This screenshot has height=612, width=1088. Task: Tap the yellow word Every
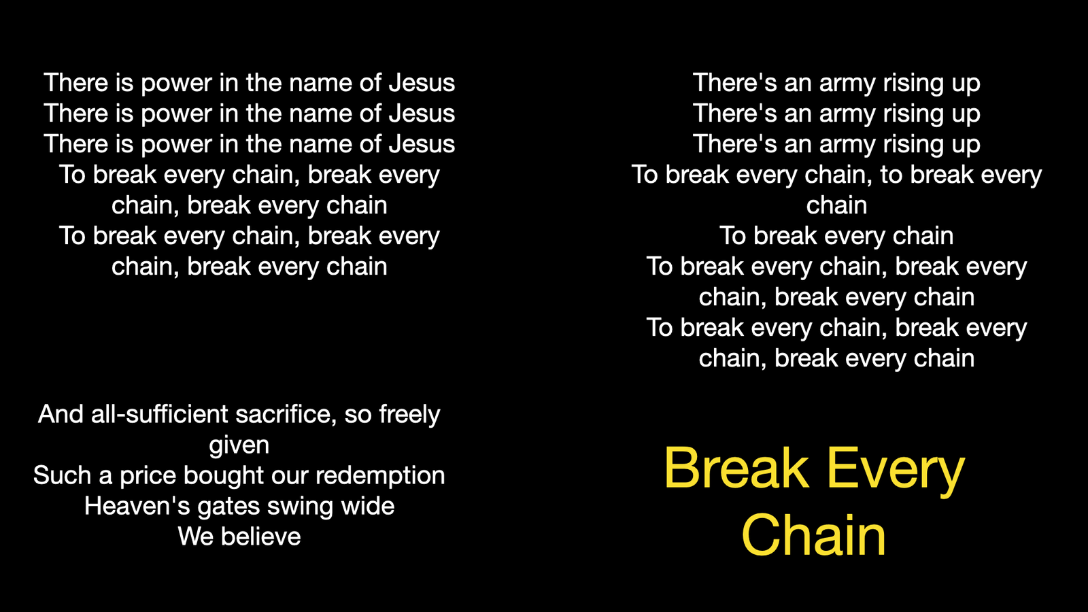point(896,471)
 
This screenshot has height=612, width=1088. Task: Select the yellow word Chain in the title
point(814,534)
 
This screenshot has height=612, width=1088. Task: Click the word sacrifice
point(286,414)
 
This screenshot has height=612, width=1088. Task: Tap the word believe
point(261,537)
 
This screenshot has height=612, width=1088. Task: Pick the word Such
point(62,475)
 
